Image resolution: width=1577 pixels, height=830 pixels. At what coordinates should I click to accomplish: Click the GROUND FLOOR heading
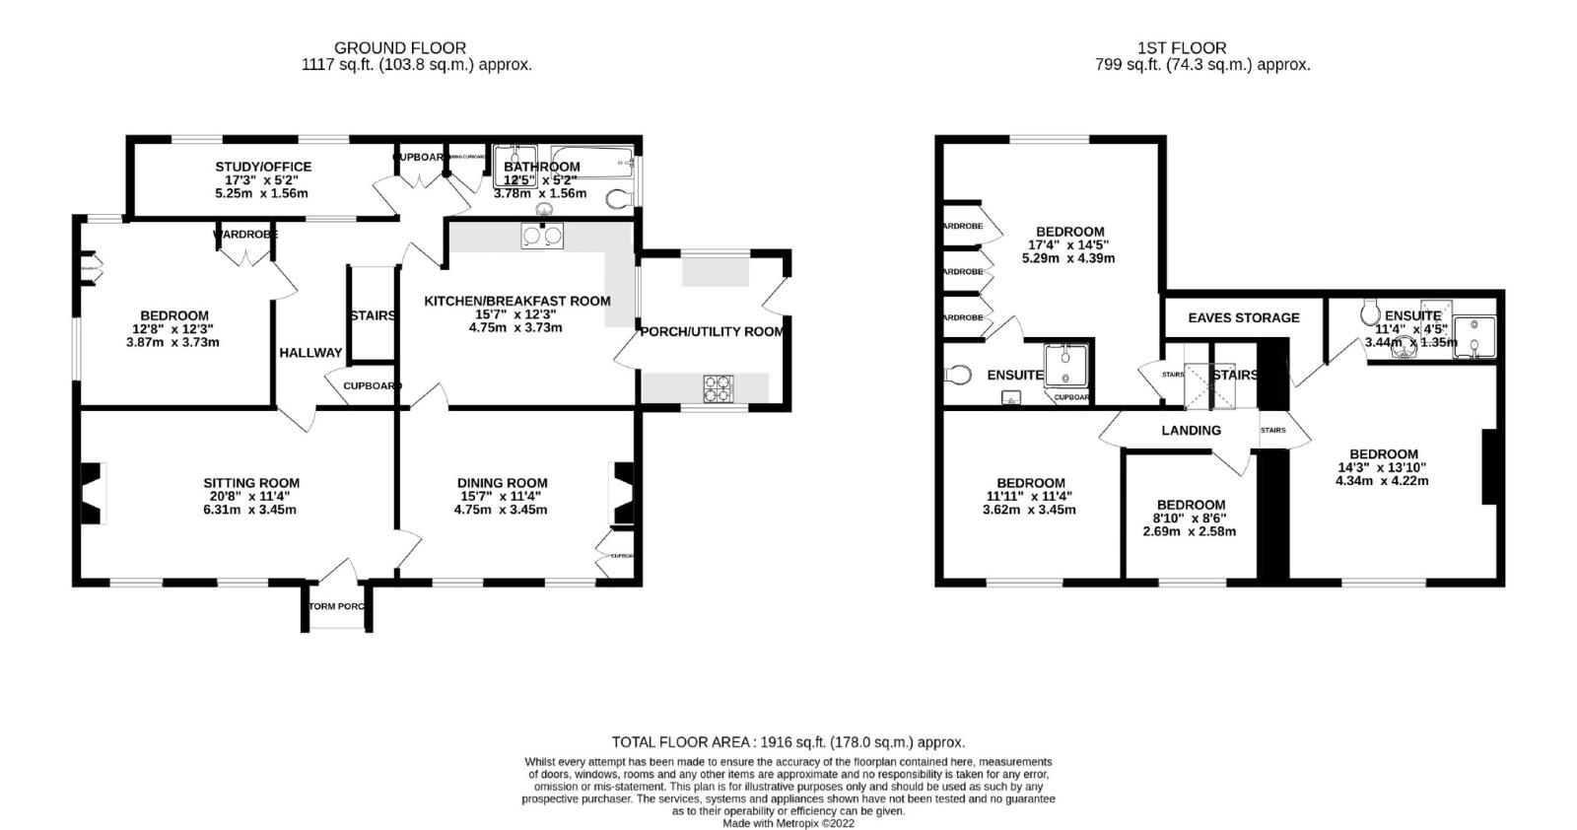tap(399, 47)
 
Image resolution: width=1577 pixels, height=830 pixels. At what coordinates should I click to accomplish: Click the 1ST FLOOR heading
tap(1182, 47)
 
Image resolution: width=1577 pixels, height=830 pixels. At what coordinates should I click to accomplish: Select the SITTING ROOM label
tap(251, 483)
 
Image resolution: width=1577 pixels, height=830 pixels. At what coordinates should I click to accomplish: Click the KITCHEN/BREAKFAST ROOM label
tap(516, 301)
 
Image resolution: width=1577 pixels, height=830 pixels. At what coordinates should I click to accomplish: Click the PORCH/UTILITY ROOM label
tap(712, 331)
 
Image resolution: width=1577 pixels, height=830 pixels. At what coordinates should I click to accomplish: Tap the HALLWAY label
tap(310, 352)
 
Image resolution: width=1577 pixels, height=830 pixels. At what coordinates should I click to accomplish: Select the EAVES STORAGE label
tap(1243, 317)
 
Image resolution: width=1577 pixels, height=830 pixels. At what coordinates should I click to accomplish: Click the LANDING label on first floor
tap(1191, 430)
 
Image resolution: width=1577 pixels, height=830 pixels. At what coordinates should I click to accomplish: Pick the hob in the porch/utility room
tap(718, 388)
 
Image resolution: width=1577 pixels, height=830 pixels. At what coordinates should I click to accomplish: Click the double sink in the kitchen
tap(542, 236)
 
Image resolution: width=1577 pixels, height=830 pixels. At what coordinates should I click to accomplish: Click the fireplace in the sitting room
tap(91, 493)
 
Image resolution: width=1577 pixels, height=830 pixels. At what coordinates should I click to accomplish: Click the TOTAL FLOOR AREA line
tap(788, 742)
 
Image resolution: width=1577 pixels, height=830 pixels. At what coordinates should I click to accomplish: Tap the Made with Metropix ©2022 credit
tap(788, 823)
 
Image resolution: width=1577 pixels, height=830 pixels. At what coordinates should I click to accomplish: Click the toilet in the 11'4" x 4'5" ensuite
tap(1369, 312)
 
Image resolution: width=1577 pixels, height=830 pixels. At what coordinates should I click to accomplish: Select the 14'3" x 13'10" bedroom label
tap(1382, 468)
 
